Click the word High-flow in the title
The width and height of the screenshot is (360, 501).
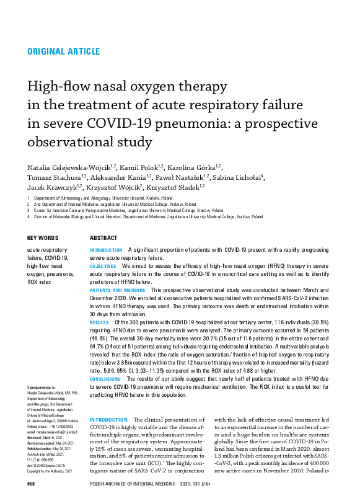click(x=56, y=87)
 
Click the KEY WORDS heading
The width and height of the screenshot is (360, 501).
click(x=43, y=238)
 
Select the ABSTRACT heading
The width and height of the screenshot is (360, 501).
click(x=103, y=238)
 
